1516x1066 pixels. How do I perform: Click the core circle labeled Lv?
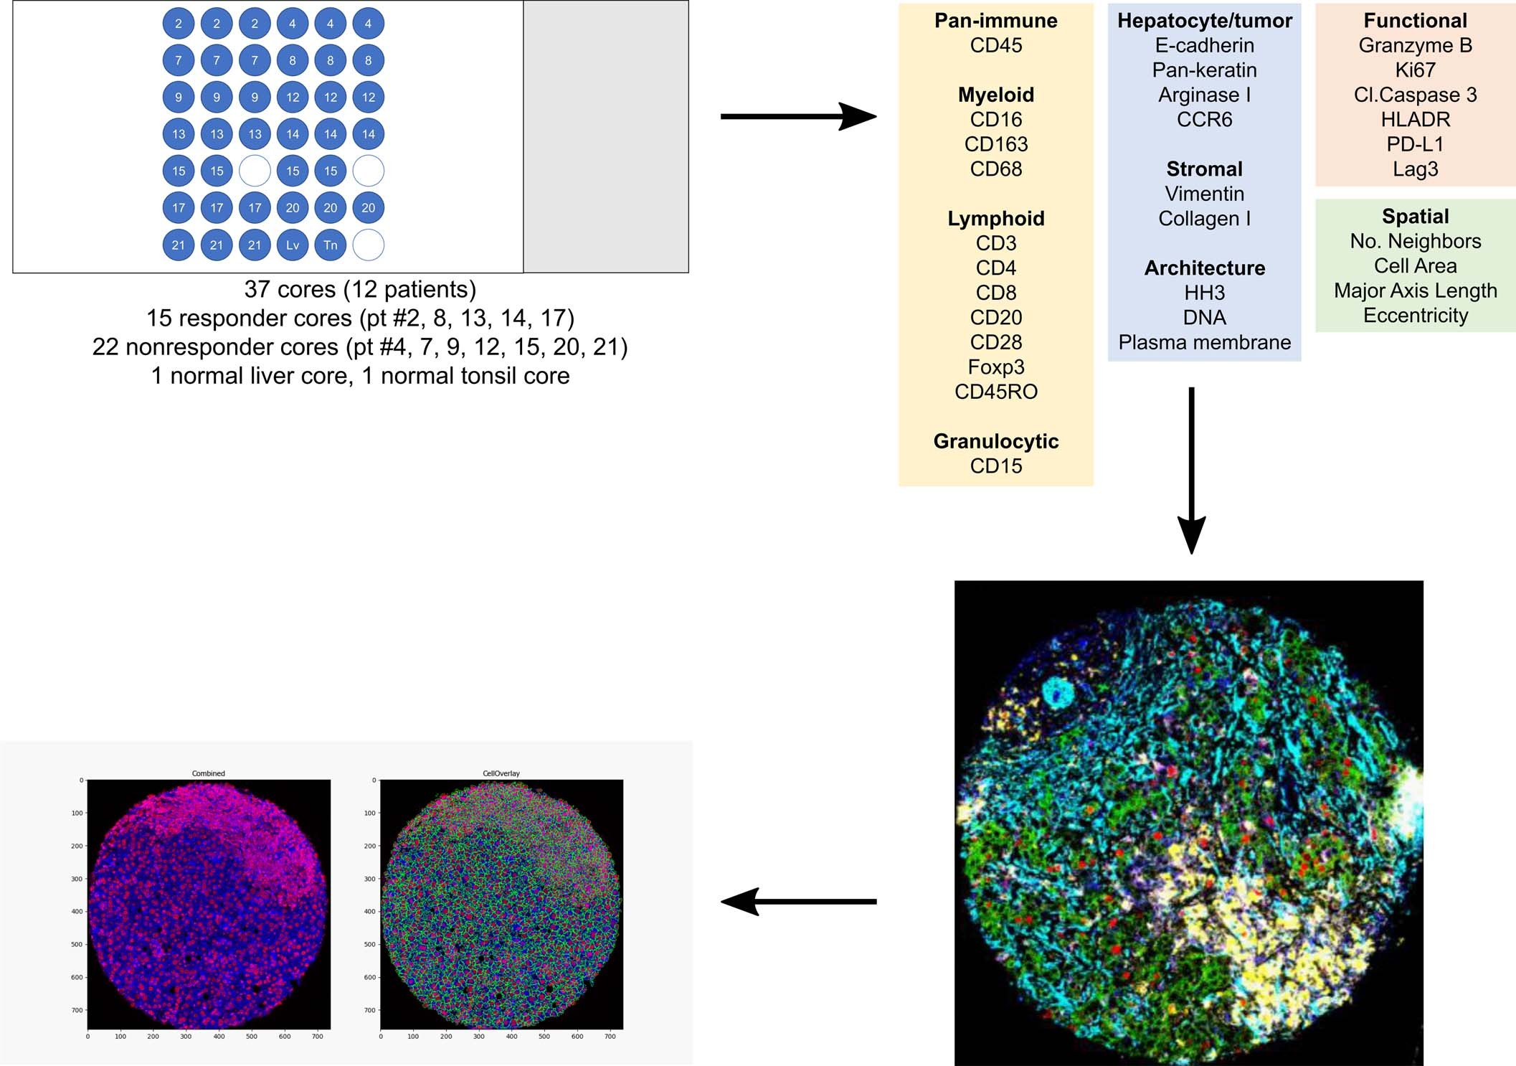293,245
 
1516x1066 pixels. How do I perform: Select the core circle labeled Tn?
330,245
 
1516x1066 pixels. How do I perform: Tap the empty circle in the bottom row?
368,245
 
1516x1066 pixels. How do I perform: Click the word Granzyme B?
1415,45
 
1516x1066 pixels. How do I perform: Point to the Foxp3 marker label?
995,367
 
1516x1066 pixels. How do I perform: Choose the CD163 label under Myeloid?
995,144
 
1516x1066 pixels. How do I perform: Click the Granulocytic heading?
995,441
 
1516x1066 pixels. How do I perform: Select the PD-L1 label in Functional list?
1415,144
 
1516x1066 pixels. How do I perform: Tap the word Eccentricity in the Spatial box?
1415,316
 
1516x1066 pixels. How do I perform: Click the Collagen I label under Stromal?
1204,219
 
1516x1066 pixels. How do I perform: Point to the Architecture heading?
1204,268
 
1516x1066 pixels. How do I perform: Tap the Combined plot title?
208,773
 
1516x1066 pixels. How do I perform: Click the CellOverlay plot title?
501,773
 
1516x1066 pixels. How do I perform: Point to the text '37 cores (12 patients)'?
360,289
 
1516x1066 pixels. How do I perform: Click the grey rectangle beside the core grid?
606,136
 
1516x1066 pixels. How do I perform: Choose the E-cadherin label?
1204,45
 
